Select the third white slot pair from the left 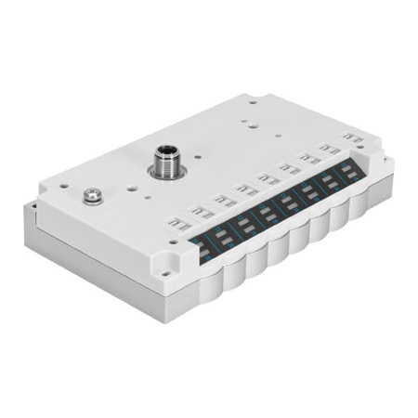(x=247, y=189)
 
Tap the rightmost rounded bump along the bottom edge (x=365, y=210)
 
